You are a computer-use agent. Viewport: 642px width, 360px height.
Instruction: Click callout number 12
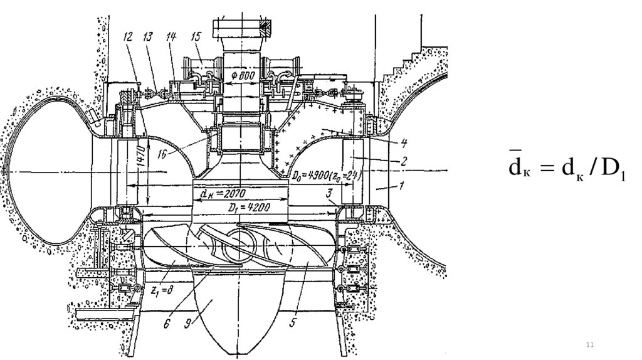pyautogui.click(x=129, y=37)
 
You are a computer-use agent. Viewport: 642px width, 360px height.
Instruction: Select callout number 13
pyautogui.click(x=148, y=37)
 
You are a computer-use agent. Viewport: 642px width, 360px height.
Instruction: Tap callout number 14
pyautogui.click(x=171, y=37)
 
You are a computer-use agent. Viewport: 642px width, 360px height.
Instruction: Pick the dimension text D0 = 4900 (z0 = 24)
pyautogui.click(x=324, y=176)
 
